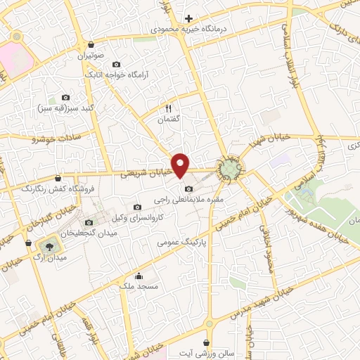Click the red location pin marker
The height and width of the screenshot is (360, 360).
181,164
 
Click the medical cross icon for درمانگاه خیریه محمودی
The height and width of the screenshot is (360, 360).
188,19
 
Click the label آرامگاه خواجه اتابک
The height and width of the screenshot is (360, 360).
114,73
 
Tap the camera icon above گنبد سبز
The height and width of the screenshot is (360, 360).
66,98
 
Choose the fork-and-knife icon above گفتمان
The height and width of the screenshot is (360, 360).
168,108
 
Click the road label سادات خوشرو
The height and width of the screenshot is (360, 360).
56,137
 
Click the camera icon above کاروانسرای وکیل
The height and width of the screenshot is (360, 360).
137,207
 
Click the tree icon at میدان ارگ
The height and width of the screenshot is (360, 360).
49,245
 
